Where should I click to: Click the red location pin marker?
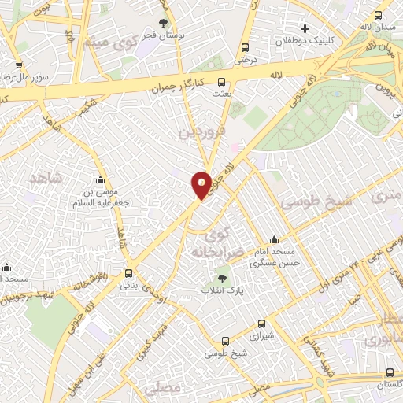click(x=201, y=184)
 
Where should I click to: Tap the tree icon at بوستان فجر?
click(x=163, y=23)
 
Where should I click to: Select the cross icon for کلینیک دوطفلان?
click(x=305, y=28)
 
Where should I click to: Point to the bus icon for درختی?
click(x=246, y=47)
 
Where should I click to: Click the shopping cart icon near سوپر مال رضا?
click(x=18, y=67)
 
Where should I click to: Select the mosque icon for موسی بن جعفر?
click(x=99, y=180)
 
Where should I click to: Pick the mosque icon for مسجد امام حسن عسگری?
click(x=274, y=239)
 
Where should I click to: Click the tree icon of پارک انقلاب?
click(x=222, y=279)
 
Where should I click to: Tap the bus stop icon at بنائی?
click(x=128, y=273)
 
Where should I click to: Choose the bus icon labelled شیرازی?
click(x=262, y=323)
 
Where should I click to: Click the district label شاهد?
click(x=46, y=178)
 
